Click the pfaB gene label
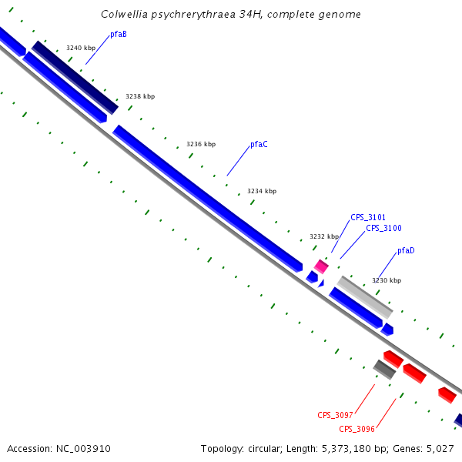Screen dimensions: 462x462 click(x=119, y=34)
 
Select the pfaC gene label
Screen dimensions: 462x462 click(x=259, y=145)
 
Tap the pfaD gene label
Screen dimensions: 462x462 click(x=406, y=251)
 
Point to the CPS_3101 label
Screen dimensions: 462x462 click(x=368, y=218)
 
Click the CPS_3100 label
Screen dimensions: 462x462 click(x=383, y=229)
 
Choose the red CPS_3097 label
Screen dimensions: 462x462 click(x=335, y=416)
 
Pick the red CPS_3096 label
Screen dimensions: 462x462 click(x=357, y=429)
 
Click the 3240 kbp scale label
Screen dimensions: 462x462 click(x=81, y=48)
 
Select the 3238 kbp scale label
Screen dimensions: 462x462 click(x=140, y=97)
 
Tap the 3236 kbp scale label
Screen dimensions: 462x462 click(x=201, y=145)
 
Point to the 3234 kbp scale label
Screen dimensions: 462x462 click(x=262, y=192)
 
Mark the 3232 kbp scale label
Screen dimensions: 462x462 click(x=324, y=237)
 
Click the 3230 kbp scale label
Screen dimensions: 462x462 click(x=387, y=281)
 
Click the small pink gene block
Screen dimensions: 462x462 click(x=321, y=266)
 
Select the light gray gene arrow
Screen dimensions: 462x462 click(x=365, y=297)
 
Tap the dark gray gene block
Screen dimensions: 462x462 click(x=384, y=370)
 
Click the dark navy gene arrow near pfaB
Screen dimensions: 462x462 click(x=75, y=78)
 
